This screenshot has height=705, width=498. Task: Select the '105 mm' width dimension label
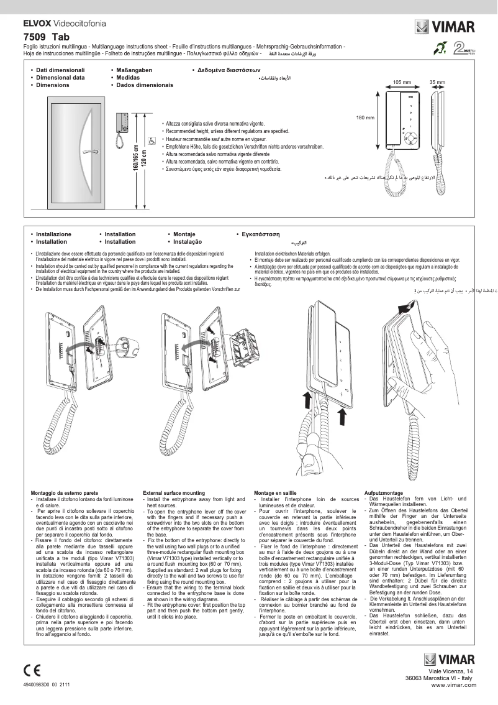pyautogui.click(x=402, y=82)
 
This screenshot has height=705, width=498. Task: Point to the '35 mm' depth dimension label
pyautogui.click(x=437, y=82)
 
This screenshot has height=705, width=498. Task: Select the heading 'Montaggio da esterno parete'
pyautogui.click(x=65, y=492)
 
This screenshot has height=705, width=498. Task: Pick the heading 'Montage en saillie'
pyautogui.click(x=276, y=492)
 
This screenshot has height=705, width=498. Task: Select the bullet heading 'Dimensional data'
pyautogui.click(x=60, y=78)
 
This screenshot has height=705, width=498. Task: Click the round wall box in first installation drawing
pyautogui.click(x=118, y=343)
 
